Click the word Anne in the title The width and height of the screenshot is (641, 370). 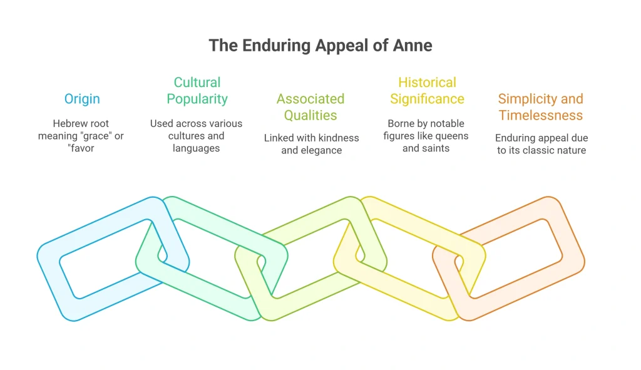click(413, 45)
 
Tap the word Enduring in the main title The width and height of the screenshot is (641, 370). click(276, 46)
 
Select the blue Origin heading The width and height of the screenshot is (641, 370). click(82, 99)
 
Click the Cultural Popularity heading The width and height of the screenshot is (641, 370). click(197, 90)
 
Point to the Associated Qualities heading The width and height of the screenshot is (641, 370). click(310, 106)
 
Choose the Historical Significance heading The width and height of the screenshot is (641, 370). click(427, 90)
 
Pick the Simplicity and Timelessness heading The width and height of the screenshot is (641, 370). click(540, 106)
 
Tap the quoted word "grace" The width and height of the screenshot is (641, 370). click(98, 136)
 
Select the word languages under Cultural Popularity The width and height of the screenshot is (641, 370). click(196, 148)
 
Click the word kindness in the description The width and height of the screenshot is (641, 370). click(341, 138)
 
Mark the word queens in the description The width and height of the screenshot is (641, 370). click(454, 136)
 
